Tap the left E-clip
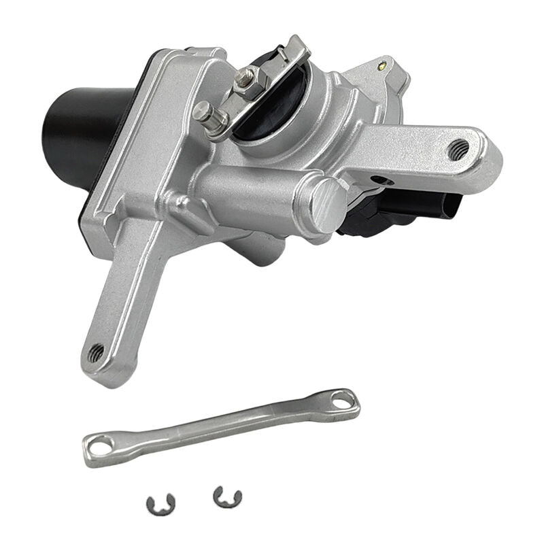161,504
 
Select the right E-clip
226,497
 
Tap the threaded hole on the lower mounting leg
96,352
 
